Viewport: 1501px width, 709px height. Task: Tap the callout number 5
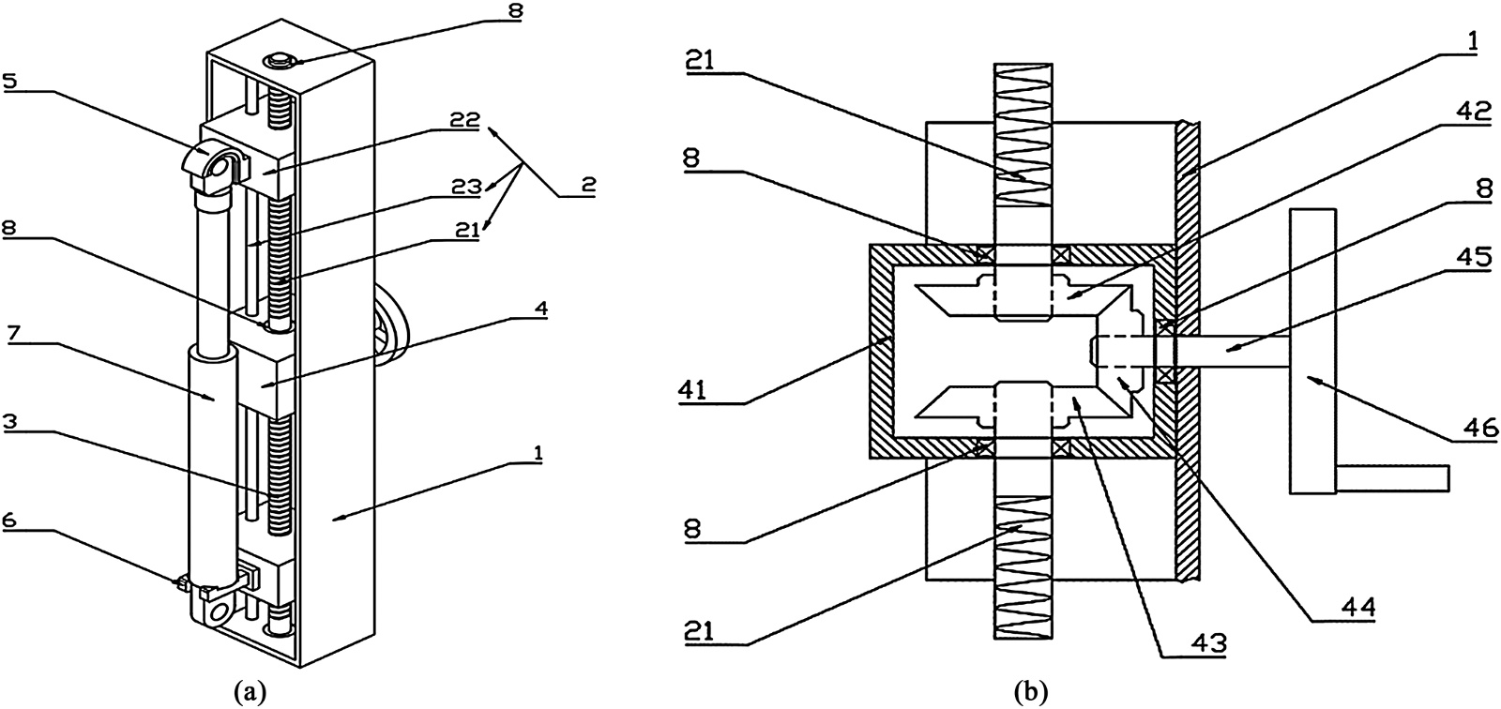point(13,82)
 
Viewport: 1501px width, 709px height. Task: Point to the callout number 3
point(13,422)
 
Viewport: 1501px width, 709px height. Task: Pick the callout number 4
point(540,309)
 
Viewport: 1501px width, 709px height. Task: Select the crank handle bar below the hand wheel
point(1392,477)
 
